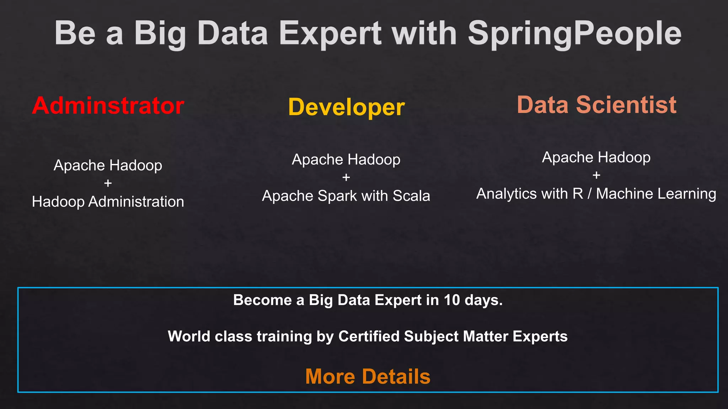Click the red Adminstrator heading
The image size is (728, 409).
[108, 106]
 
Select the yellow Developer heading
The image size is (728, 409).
[346, 107]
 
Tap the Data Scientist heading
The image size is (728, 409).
[596, 105]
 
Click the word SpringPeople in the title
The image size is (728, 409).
[574, 33]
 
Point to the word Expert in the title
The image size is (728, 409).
[330, 33]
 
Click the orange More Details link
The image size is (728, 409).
[368, 376]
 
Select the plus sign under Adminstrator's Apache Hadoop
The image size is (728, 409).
[108, 183]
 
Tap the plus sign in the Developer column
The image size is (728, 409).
[346, 177]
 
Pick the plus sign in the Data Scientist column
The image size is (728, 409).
[596, 175]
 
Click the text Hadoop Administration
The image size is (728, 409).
[108, 202]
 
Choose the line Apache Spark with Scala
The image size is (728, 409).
[346, 196]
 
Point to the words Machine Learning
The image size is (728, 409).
[656, 194]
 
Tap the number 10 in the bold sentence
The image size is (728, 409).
[452, 300]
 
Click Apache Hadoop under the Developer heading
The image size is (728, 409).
[346, 159]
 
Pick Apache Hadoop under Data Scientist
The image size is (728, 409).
[596, 157]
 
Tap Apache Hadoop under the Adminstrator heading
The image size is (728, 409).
[108, 165]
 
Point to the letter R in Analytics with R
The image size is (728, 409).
[578, 194]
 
